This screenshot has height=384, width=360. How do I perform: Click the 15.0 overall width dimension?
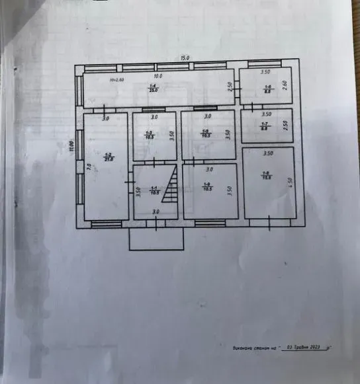point(185,58)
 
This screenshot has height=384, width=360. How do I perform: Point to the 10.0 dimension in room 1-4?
point(159,76)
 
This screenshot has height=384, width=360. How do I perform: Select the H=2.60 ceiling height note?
point(117,80)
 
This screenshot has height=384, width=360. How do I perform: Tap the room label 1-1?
point(154,188)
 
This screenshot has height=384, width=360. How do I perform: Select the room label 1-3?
point(150,135)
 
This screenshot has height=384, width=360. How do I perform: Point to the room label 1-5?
point(206,132)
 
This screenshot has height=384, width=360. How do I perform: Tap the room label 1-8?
point(267,174)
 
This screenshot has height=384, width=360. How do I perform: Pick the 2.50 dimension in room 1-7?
point(286,124)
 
